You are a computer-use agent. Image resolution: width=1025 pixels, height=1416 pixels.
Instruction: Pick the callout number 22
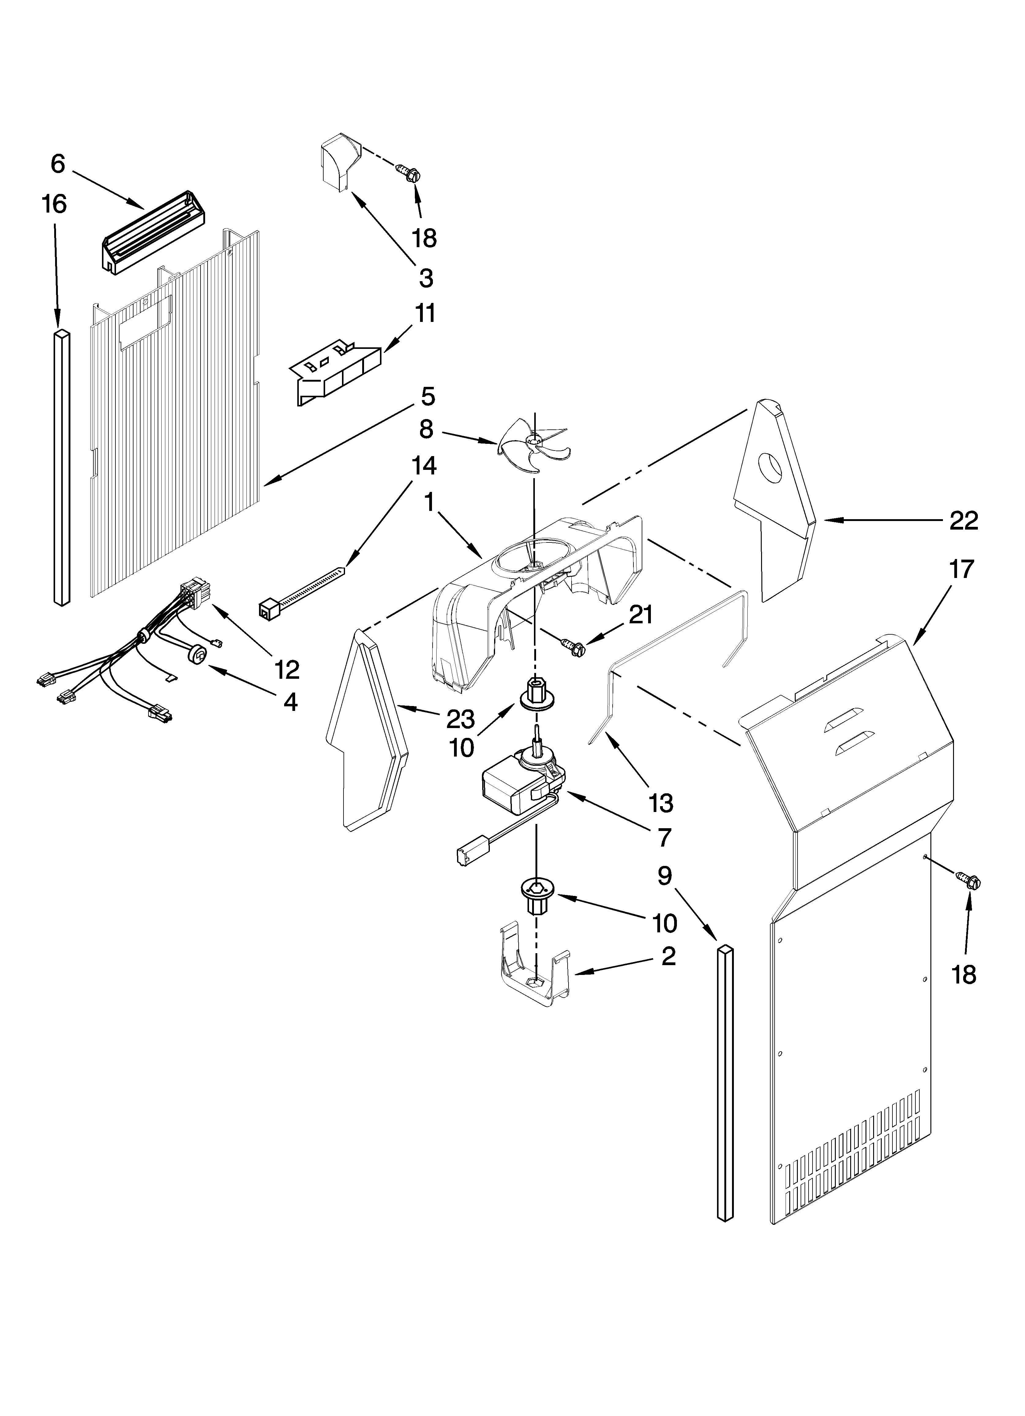pos(963,520)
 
